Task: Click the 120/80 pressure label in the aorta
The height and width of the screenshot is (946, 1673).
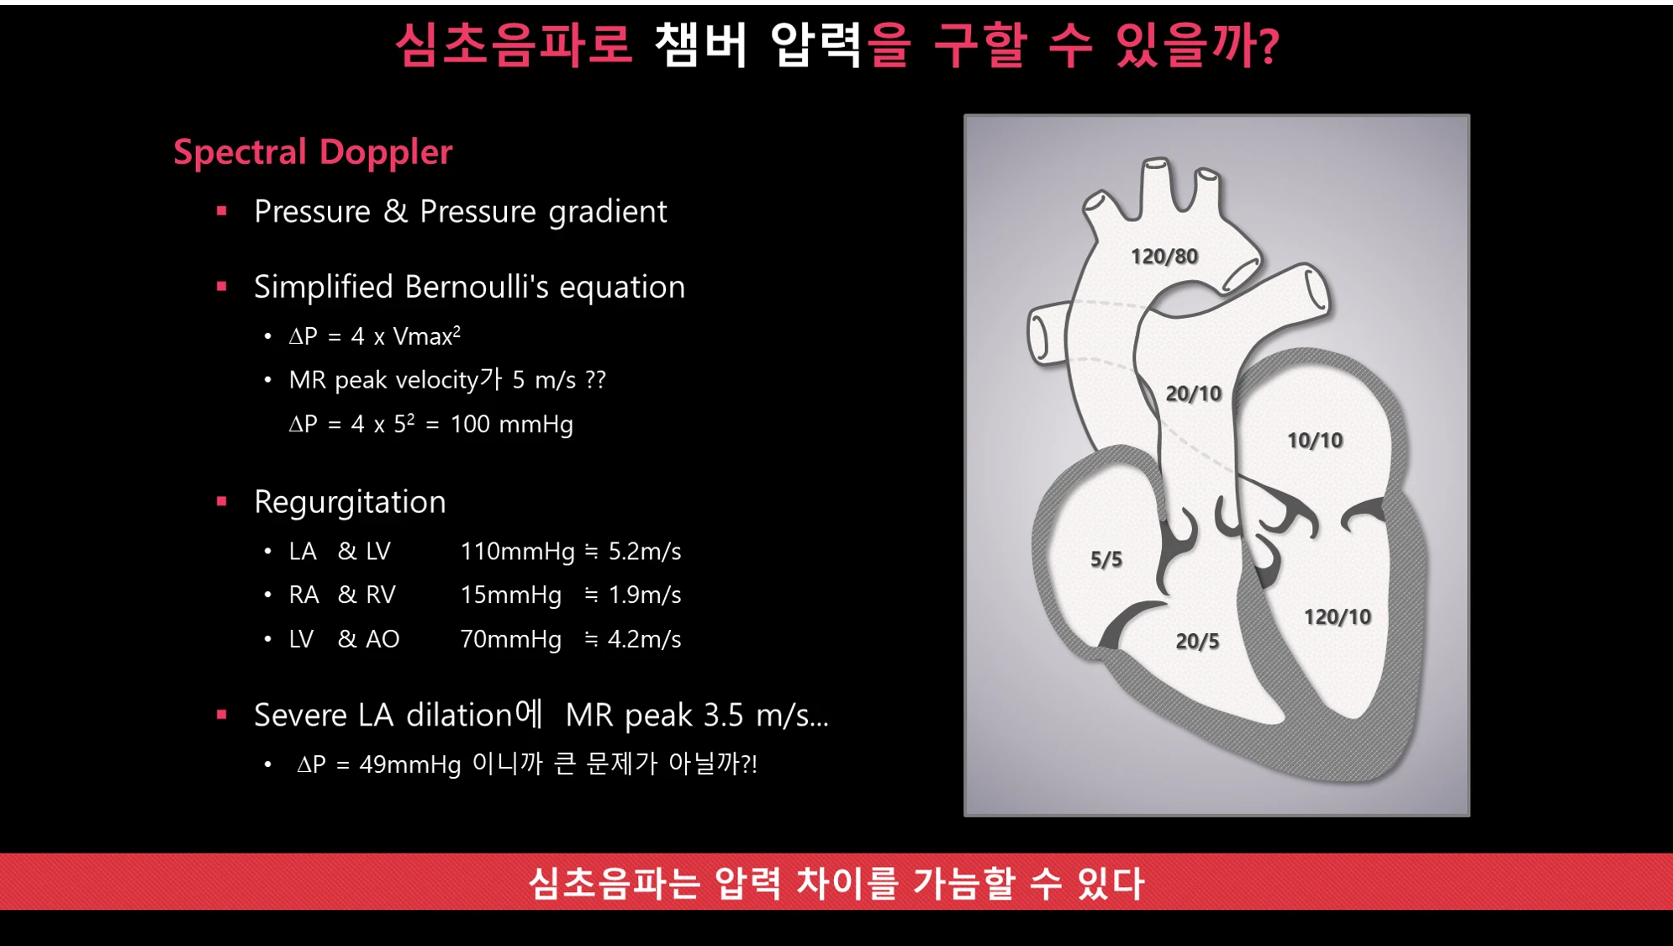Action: coord(1164,256)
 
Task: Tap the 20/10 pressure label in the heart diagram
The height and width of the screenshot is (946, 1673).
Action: coord(1193,394)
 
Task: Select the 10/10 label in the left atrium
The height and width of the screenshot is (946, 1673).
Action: coord(1315,440)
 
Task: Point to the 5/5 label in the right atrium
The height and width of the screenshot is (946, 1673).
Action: coord(1106,559)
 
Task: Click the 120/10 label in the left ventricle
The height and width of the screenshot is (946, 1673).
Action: coord(1338,616)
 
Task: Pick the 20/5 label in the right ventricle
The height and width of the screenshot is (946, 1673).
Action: coord(1197,641)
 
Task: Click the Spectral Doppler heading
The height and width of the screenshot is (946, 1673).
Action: coord(313,152)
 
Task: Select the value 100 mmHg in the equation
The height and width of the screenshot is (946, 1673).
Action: coord(511,424)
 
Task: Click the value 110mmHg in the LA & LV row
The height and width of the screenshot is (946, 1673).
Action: coord(517,552)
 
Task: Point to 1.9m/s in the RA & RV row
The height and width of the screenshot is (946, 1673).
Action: coord(645,595)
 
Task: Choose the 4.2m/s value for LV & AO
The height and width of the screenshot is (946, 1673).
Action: coord(645,639)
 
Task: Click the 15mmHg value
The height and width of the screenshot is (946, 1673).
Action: coord(510,595)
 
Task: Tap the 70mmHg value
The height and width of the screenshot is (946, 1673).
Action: coord(510,639)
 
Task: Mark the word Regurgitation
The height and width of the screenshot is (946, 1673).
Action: coord(350,502)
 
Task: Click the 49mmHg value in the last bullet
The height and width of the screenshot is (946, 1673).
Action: coord(410,764)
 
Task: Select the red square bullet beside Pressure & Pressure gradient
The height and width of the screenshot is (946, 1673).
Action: coord(222,211)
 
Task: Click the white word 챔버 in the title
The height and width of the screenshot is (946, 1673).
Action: coord(700,45)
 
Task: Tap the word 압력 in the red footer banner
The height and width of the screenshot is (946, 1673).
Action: coord(747,883)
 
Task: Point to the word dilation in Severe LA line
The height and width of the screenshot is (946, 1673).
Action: coord(459,715)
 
